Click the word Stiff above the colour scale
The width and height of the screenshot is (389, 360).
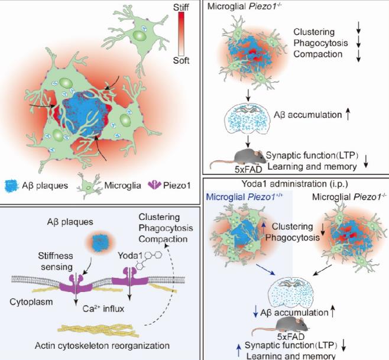pos(181,8)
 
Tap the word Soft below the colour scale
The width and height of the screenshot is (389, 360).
pos(181,60)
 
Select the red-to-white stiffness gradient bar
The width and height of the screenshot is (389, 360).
pos(181,34)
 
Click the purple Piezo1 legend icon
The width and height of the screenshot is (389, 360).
pos(154,185)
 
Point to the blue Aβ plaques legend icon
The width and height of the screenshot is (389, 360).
pos(12,186)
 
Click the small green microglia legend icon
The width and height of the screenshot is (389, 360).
pos(89,186)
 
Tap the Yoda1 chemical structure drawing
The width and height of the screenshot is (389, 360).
pos(148,260)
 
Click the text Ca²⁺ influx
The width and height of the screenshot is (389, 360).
pos(103,309)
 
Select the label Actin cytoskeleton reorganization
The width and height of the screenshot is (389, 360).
pos(102,345)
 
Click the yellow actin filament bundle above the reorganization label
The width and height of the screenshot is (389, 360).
pos(98,330)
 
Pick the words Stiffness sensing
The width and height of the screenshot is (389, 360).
pos(56,261)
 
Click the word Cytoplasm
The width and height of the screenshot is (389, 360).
pos(31,301)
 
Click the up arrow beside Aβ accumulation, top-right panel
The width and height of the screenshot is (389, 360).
pos(348,114)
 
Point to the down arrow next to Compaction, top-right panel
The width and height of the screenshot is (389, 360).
pos(358,55)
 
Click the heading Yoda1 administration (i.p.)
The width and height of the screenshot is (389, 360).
pos(295,184)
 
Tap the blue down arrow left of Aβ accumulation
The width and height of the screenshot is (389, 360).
pos(255,312)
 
